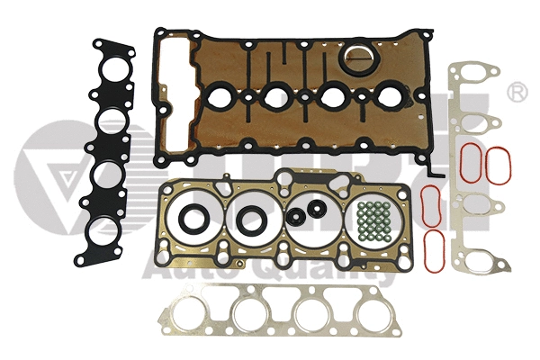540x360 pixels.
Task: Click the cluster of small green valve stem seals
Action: [371, 220]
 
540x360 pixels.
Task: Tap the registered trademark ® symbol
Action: [517, 92]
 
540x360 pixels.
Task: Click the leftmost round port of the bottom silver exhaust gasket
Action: [190, 314]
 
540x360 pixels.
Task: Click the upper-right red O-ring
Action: [499, 164]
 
